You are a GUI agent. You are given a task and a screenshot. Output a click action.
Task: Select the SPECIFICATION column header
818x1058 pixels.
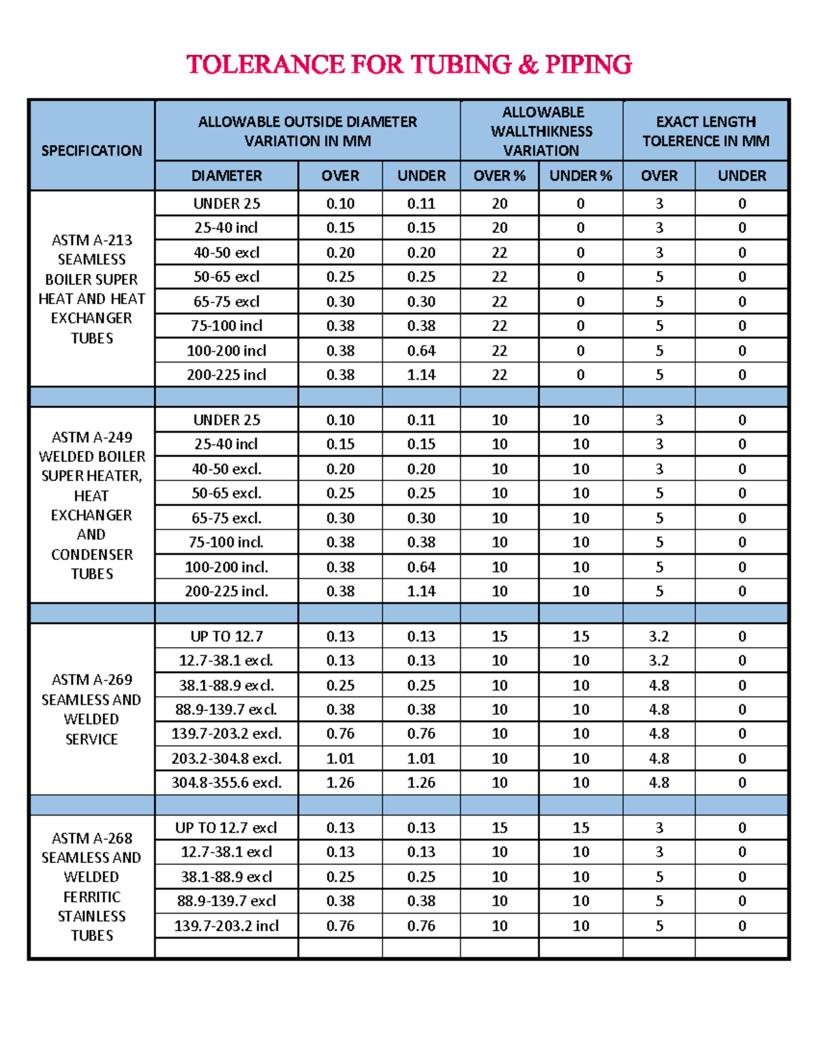pos(91,151)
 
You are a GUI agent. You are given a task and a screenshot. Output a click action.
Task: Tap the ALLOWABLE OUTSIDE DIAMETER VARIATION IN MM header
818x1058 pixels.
pos(307,131)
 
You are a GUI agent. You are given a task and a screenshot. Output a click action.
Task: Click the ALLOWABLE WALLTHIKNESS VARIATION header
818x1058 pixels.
pos(542,131)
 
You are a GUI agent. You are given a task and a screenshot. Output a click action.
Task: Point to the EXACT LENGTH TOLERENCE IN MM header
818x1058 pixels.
pos(706,131)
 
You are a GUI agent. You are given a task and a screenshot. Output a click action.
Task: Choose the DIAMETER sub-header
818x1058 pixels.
pos(226,176)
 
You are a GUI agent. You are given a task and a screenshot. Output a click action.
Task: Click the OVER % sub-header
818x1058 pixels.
pos(499,176)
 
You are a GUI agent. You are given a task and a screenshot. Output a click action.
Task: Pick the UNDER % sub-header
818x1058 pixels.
pos(581,176)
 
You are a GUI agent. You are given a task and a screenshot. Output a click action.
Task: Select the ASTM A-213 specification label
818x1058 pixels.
pos(91,289)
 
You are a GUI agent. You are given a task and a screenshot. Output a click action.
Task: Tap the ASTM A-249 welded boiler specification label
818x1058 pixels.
pos(91,505)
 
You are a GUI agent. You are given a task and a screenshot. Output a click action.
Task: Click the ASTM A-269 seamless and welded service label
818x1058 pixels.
pos(91,709)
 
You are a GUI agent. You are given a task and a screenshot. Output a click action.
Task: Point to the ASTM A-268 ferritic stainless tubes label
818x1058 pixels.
pos(91,886)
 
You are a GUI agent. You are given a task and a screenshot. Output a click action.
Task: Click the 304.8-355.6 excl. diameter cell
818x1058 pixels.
pos(226,783)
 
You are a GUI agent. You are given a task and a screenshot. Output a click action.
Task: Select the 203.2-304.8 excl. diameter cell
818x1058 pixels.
pos(226,758)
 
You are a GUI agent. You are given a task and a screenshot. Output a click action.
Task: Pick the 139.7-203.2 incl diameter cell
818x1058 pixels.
pos(226,926)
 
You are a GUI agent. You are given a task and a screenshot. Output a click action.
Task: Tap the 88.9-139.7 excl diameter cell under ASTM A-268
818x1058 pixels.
pos(226,901)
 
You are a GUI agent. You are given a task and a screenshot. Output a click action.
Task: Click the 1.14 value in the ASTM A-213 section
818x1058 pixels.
pos(421,375)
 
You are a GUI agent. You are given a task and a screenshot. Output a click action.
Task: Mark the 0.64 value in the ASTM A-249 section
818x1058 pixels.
pos(421,567)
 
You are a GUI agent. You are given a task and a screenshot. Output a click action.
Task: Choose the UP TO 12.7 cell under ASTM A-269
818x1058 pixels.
pos(226,636)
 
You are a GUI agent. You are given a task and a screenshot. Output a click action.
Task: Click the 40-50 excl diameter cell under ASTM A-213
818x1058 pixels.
pos(226,253)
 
